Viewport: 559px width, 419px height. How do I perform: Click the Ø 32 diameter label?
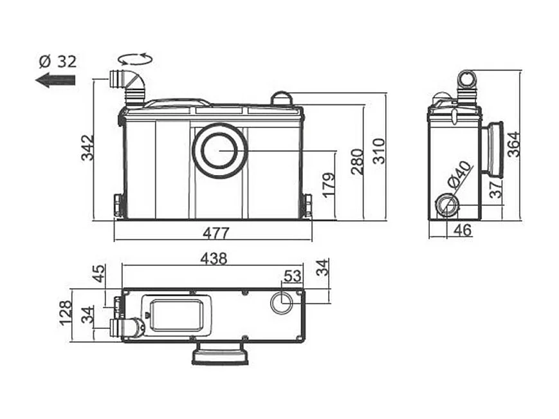coord(57,62)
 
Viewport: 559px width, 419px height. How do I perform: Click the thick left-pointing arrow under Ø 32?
coord(55,80)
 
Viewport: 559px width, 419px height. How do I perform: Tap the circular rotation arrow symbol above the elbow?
coord(134,59)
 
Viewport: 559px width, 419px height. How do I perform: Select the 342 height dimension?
coord(87,147)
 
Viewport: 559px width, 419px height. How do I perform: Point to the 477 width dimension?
coord(212,232)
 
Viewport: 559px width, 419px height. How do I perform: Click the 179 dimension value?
coord(328,186)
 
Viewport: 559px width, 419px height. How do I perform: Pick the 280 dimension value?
coord(357,161)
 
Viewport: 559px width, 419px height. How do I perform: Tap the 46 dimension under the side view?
coord(463,230)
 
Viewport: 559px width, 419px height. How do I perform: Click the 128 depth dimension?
coord(65,313)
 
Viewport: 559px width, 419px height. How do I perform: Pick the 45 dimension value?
coord(98,273)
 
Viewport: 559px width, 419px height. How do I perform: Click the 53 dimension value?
coord(293,276)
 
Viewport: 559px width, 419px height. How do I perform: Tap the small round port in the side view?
coord(446,205)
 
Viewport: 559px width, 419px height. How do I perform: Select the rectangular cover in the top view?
coord(176,314)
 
